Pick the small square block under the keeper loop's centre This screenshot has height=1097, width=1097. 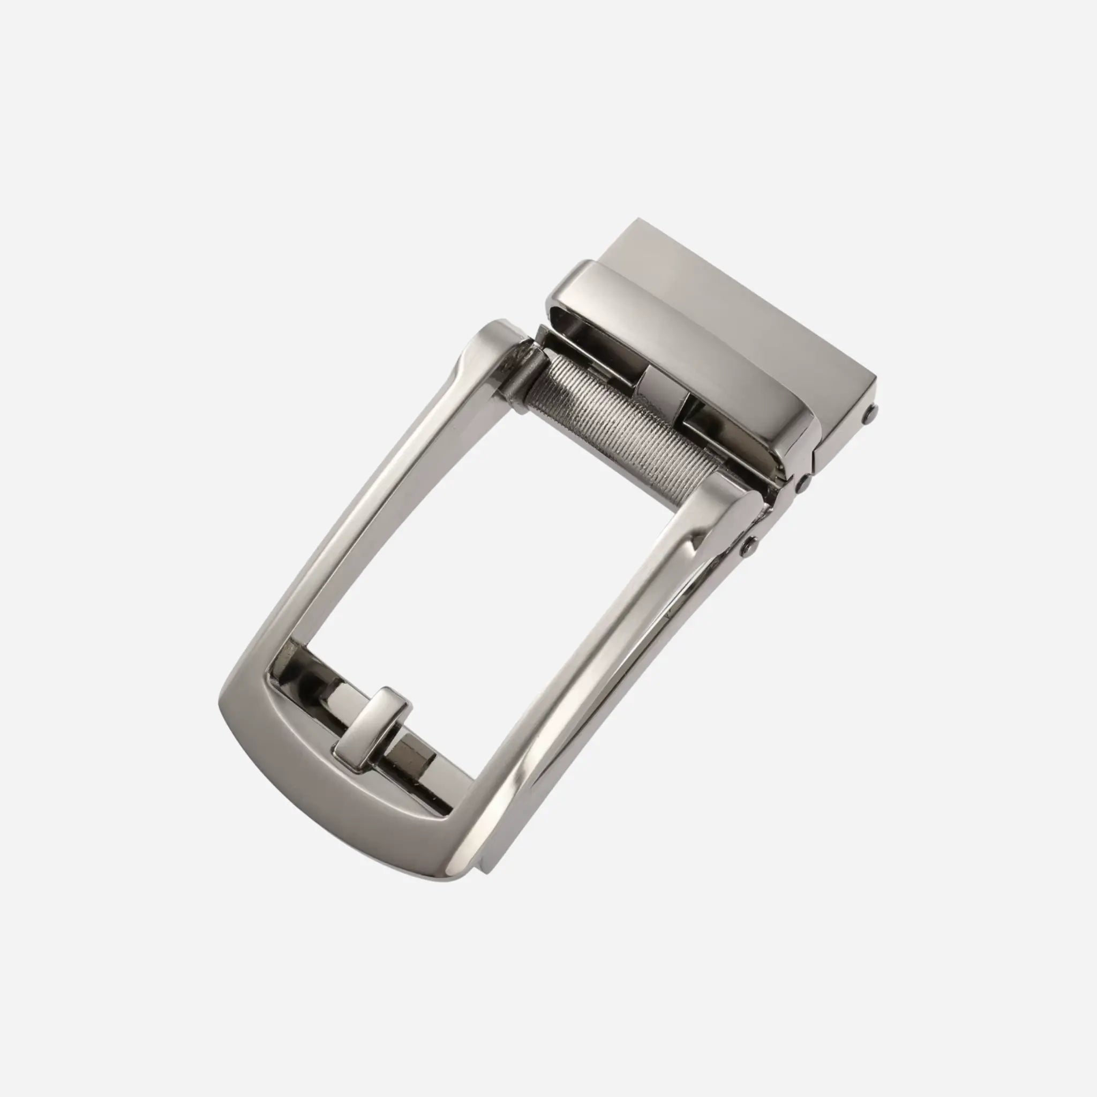661,386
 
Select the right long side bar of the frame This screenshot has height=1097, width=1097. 596,681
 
